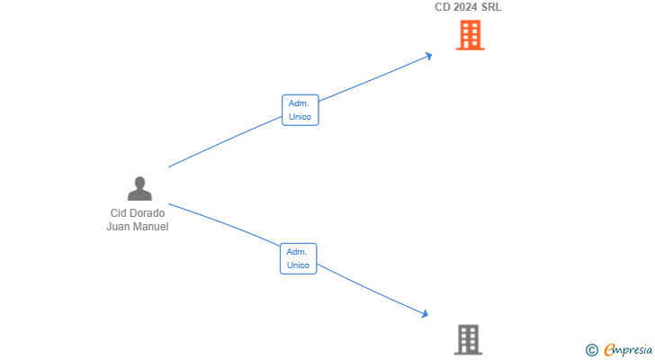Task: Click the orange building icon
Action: (x=470, y=35)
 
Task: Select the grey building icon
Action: (x=468, y=339)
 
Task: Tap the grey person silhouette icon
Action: (x=139, y=188)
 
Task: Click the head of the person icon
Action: (x=139, y=183)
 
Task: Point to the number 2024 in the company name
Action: (x=465, y=7)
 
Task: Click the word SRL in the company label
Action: (x=491, y=7)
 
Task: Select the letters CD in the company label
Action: (x=443, y=7)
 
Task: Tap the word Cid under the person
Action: (x=117, y=213)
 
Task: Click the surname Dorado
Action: (x=146, y=213)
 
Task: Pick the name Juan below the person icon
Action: (x=118, y=227)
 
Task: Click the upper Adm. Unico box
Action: (x=300, y=110)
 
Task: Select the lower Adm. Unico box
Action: (x=299, y=258)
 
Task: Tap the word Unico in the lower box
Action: (x=298, y=265)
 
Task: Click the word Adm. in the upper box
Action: (x=299, y=103)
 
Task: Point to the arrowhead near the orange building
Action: (x=428, y=56)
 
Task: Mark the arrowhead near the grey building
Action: (x=425, y=313)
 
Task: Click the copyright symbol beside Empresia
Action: (x=591, y=350)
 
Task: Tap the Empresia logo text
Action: (x=628, y=349)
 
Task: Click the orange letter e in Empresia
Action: (x=609, y=349)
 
